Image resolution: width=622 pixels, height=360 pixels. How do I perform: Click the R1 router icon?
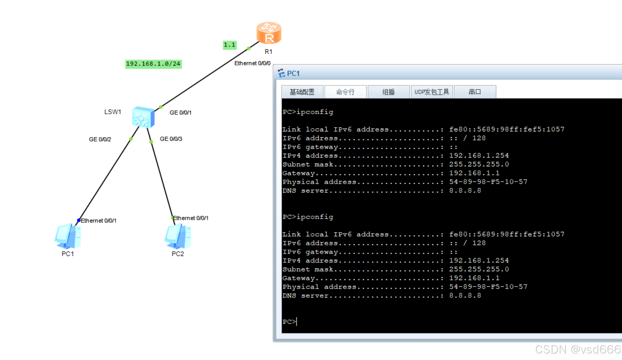[269, 33]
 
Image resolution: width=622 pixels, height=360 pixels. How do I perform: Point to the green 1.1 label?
[229, 45]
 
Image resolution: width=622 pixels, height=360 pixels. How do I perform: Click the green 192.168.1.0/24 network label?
[153, 64]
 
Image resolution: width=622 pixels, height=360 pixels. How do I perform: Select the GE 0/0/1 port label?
[180, 113]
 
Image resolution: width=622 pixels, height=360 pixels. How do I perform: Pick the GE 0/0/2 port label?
[100, 139]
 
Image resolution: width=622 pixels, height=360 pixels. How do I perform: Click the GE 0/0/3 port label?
[171, 139]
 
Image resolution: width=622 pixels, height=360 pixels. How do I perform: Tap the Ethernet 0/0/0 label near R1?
[252, 63]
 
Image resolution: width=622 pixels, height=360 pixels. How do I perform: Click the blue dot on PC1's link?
[78, 220]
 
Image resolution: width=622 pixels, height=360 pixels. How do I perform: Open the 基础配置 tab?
[302, 92]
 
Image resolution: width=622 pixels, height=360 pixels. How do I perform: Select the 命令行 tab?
[345, 92]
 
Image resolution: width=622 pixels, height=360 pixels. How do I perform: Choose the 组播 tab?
[388, 92]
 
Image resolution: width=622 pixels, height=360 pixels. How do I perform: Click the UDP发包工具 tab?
[432, 92]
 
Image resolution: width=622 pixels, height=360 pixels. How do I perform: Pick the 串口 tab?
[475, 92]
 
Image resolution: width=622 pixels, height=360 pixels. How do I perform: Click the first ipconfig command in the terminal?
[314, 112]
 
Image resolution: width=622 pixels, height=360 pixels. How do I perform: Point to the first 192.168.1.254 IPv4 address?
[479, 155]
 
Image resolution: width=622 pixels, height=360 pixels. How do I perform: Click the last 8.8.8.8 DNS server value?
[465, 296]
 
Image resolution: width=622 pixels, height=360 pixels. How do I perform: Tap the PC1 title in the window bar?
[293, 73]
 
